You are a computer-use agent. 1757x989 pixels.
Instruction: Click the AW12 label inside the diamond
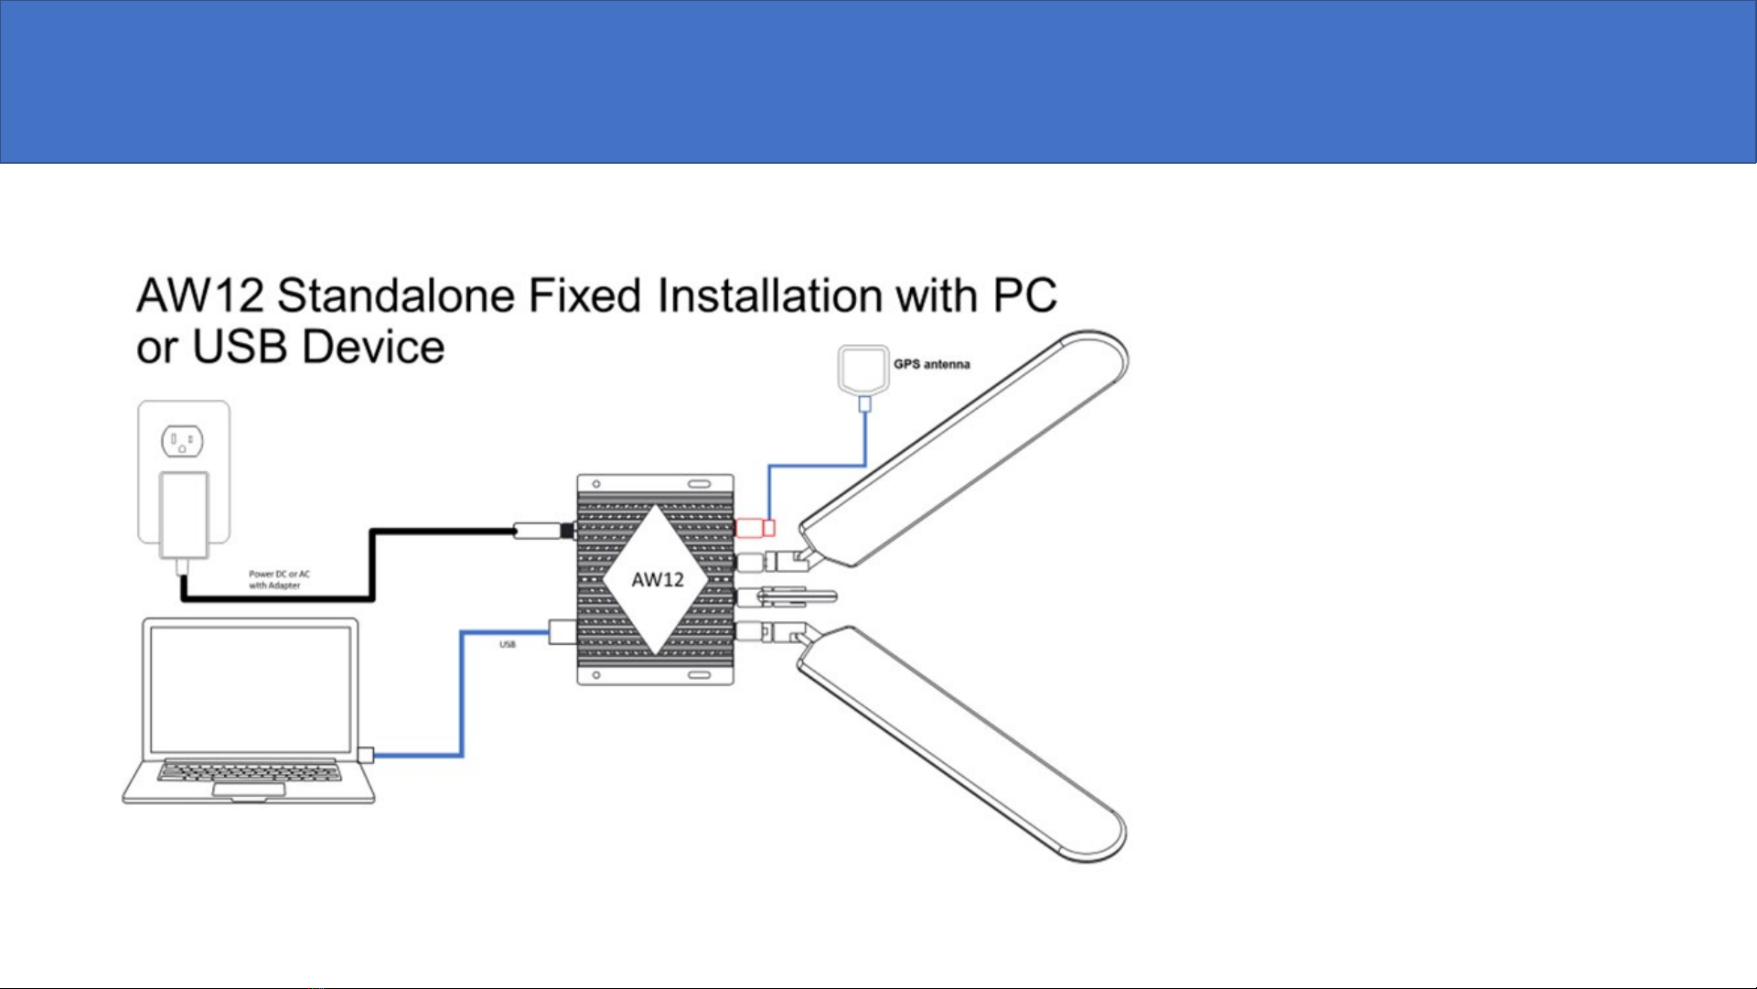click(x=658, y=579)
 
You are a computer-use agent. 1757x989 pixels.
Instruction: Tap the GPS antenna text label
click(x=931, y=364)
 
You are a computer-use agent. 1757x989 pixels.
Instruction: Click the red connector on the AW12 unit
click(x=755, y=528)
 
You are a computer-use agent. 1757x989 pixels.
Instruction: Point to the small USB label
click(x=508, y=645)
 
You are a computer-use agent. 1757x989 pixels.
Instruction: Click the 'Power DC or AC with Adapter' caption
click(x=279, y=580)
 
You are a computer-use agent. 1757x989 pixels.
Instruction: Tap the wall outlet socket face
click(x=182, y=442)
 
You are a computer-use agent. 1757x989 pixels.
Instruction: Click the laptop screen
click(x=250, y=689)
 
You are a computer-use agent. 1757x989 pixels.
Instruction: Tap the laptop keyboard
click(x=250, y=772)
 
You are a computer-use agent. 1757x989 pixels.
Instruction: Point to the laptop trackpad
click(x=249, y=790)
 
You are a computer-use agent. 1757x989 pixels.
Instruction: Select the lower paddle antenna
click(x=962, y=743)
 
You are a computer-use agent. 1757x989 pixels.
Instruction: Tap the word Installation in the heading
click(x=770, y=296)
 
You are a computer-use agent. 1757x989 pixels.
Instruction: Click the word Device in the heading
click(x=372, y=347)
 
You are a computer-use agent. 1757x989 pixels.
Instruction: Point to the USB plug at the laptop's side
click(x=366, y=755)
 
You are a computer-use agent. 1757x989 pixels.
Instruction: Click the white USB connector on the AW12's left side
click(x=562, y=631)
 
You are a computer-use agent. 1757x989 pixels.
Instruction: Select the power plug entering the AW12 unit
click(x=544, y=530)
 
